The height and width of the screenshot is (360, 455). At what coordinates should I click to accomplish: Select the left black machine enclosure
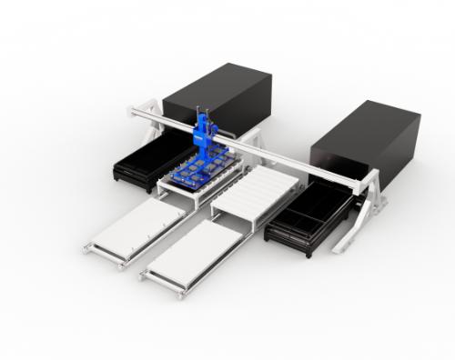pyautogui.click(x=218, y=100)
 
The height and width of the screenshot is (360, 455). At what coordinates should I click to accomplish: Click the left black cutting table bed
pyautogui.click(x=146, y=164)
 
